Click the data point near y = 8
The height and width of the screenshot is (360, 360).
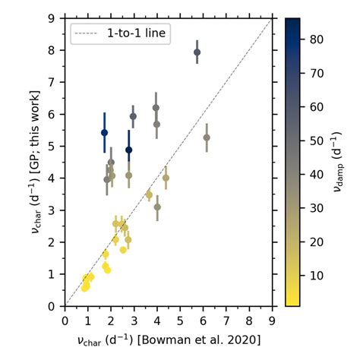click(x=197, y=52)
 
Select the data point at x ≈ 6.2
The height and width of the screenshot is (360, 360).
click(x=207, y=137)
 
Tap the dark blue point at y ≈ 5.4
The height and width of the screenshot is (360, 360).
click(x=104, y=132)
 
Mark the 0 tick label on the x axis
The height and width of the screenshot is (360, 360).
click(x=65, y=317)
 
